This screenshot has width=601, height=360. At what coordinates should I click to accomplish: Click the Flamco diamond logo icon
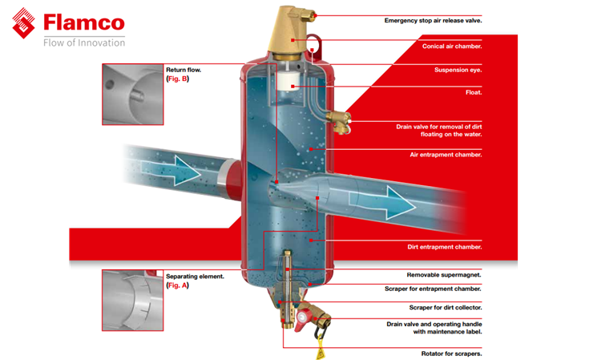[25, 23]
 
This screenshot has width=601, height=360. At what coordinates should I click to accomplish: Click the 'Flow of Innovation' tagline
[84, 42]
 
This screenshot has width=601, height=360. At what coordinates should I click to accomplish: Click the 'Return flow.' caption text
[183, 70]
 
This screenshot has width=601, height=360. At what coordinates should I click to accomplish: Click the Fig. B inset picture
[132, 94]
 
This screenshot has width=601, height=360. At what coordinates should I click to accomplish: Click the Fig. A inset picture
[132, 299]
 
